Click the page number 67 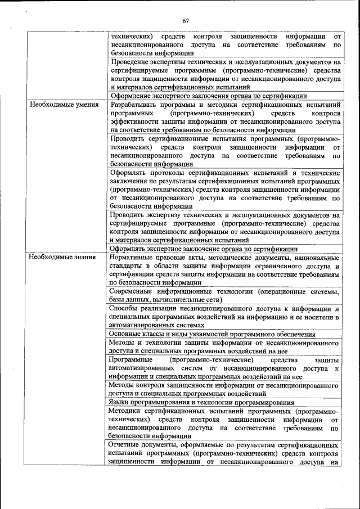click(x=186, y=21)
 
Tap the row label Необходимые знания click(x=62, y=257)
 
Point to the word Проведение click(x=130, y=62)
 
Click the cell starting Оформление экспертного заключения click(x=209, y=96)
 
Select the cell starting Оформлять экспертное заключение click(x=204, y=249)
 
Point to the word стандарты click(x=127, y=265)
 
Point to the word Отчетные click(x=127, y=445)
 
